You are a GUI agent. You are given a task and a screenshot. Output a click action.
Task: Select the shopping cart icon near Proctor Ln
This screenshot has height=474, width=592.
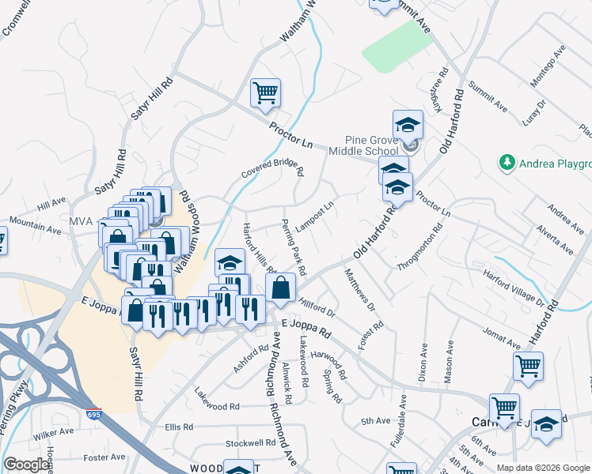tap(266, 93)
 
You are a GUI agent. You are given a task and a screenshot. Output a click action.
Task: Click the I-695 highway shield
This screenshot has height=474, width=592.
tap(93, 413)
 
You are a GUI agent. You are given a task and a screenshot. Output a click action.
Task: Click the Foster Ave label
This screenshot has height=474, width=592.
tap(105, 457)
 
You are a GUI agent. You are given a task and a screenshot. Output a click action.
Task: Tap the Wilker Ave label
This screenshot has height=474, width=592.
tap(53, 435)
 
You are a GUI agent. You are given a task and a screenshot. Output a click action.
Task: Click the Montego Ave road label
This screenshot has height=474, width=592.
tap(548, 67)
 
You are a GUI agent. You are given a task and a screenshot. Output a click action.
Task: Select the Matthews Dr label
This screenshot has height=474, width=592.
tap(359, 288)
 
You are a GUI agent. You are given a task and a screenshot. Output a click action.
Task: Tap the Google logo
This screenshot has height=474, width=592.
tap(26, 465)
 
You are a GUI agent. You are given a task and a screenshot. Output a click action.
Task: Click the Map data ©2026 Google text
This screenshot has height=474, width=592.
tap(542, 468)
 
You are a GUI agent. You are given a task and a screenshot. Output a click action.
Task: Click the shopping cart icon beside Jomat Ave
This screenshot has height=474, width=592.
tap(528, 366)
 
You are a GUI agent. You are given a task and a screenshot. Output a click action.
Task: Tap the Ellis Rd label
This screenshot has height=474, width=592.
tap(179, 427)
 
